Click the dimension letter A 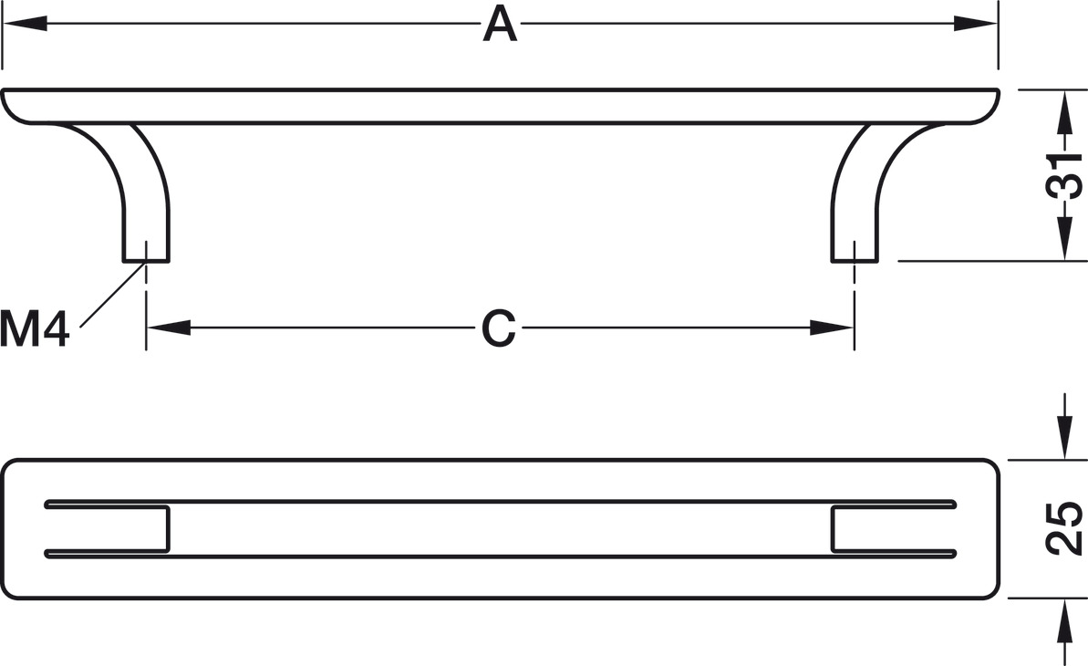point(500,24)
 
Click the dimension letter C point(499,328)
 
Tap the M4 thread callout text point(35,329)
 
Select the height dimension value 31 point(1063,175)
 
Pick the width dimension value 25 point(1063,529)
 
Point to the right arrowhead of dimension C point(832,328)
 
